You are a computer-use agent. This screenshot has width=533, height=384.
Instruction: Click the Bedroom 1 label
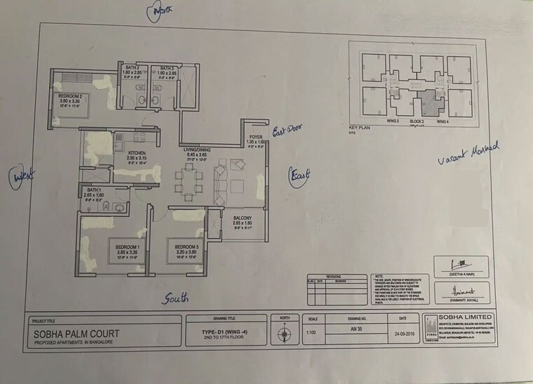pyautogui.click(x=128, y=247)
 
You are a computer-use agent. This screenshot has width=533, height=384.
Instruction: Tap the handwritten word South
pyautogui.click(x=176, y=298)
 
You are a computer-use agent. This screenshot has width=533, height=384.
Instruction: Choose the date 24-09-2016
pyautogui.click(x=398, y=334)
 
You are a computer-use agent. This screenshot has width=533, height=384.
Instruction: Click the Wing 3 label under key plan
pyautogui.click(x=391, y=122)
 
